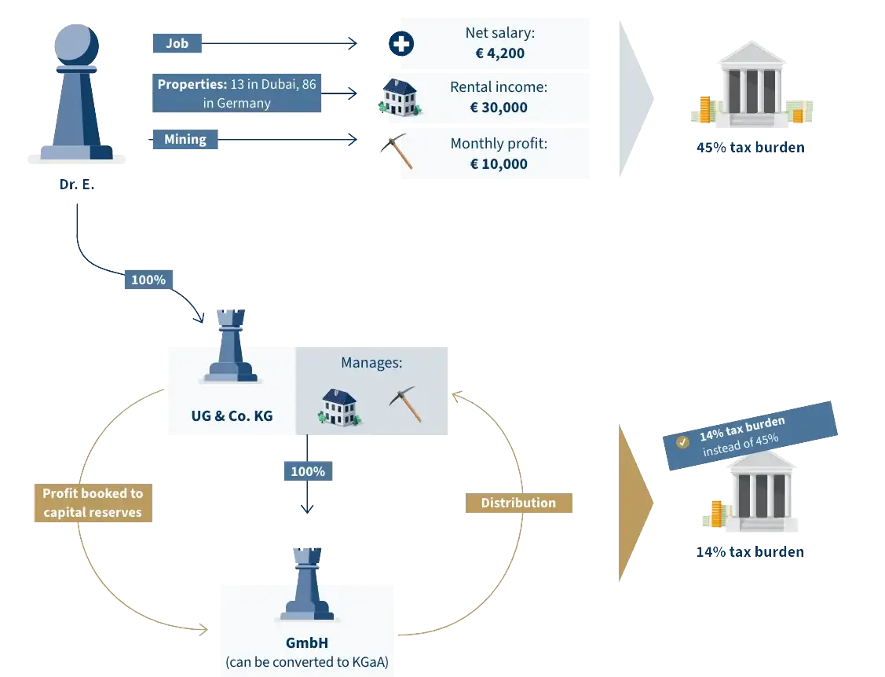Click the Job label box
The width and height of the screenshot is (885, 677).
[x=177, y=44]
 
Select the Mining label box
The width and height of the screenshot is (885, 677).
[x=185, y=140]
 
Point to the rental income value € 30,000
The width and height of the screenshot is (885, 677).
[x=499, y=108]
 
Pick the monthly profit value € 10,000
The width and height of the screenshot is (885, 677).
[x=499, y=164]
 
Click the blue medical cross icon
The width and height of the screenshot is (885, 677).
[x=401, y=45]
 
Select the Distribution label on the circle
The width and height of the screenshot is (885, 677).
[x=518, y=503]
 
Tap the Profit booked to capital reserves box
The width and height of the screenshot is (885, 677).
[x=93, y=503]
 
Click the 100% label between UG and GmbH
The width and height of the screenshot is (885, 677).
[x=308, y=471]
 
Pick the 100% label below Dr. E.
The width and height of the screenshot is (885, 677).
[x=148, y=280]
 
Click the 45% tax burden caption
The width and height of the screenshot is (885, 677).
[x=750, y=147]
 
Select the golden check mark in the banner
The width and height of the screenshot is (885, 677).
[x=682, y=442]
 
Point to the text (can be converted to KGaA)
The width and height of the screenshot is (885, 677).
[x=307, y=662]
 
